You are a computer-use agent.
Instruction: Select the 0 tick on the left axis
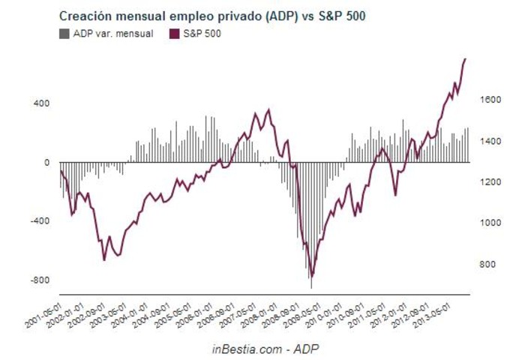point(46,162)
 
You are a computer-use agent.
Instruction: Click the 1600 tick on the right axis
point(489,100)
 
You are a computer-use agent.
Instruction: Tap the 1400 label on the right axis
point(489,141)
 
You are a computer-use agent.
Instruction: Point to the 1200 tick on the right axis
point(489,182)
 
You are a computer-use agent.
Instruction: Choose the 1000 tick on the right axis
point(489,223)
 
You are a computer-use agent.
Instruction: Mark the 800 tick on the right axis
point(487,265)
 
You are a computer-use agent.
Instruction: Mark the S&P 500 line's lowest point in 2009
point(312,276)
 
